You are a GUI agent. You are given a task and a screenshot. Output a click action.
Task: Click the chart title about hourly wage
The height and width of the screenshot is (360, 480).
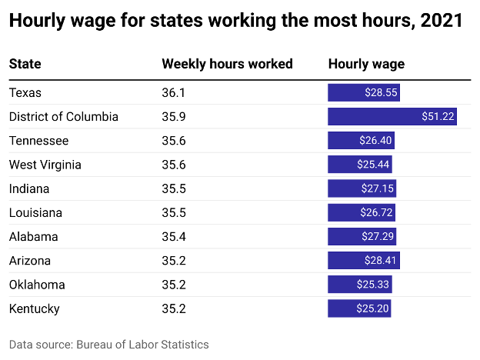[x=235, y=22]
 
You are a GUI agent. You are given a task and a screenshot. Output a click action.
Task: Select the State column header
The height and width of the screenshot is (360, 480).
[x=25, y=64]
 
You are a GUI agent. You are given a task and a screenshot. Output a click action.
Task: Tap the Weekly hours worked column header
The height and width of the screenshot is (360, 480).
[x=227, y=64]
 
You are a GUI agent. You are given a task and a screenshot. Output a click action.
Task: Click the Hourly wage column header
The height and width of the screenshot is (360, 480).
[x=366, y=64]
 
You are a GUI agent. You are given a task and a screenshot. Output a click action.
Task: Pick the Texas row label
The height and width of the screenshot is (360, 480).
[x=25, y=93]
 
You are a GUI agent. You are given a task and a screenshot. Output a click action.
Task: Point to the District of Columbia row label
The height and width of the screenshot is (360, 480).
[x=64, y=117]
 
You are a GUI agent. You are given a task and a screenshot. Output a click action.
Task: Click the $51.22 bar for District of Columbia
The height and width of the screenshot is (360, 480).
[x=392, y=117]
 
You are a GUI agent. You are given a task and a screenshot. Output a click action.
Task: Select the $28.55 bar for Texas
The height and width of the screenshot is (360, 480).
[x=364, y=93]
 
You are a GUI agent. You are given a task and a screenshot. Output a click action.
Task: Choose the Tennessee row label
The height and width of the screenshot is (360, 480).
[x=38, y=141]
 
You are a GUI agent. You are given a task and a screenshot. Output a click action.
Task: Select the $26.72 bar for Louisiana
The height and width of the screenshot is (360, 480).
[x=362, y=212]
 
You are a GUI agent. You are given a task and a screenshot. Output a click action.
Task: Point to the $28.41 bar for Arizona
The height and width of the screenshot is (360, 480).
[x=364, y=261]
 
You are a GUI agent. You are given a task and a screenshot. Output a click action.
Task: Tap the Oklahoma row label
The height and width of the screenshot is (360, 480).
[x=37, y=285]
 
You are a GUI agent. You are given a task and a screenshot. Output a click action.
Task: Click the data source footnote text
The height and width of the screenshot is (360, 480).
[x=108, y=344]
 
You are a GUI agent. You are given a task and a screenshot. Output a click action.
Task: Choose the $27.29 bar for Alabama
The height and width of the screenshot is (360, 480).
[x=362, y=236]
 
